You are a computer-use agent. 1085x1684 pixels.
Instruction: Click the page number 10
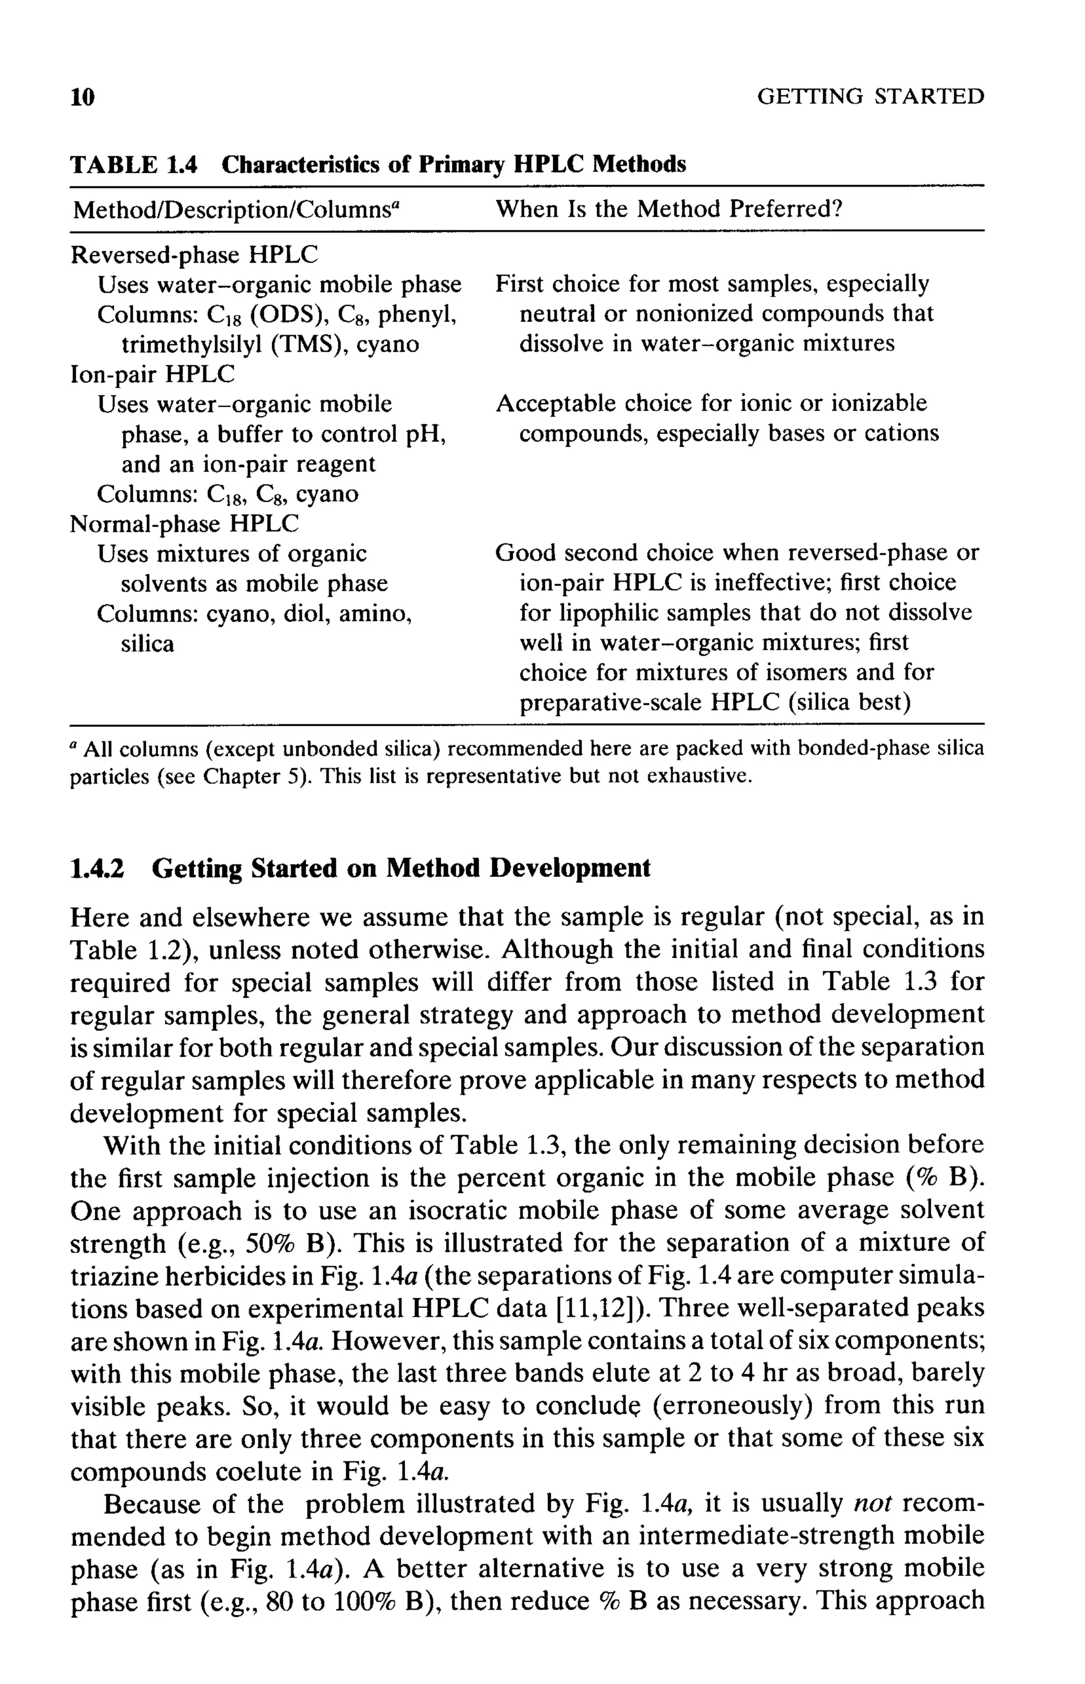[83, 97]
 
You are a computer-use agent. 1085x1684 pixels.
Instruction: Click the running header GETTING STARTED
[870, 96]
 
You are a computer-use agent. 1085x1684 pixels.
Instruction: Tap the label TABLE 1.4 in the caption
[134, 164]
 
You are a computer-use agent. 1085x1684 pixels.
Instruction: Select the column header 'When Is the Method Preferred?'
[669, 209]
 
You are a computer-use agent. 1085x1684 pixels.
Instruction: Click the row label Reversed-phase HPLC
[194, 254]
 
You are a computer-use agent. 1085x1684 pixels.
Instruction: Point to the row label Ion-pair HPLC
[153, 374]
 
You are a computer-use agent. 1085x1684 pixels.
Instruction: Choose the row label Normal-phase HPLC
[184, 523]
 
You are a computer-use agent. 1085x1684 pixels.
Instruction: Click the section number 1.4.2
[97, 868]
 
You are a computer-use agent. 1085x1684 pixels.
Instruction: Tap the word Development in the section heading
[570, 868]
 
